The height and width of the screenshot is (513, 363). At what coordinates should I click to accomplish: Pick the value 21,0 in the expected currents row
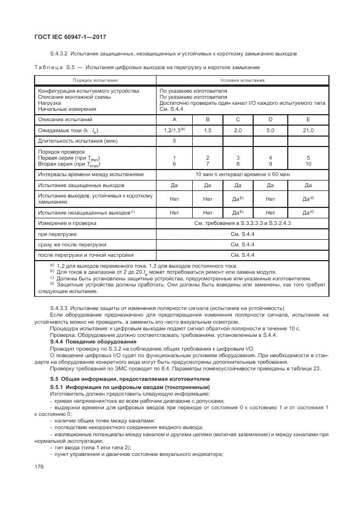click(x=308, y=130)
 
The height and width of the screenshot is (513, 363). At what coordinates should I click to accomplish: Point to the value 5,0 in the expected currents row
click(x=270, y=130)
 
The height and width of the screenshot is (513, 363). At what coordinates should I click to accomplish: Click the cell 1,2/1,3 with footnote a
click(x=175, y=130)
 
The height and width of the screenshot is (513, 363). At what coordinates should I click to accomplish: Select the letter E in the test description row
click(x=308, y=119)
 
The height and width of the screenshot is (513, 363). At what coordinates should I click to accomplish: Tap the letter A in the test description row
click(x=174, y=119)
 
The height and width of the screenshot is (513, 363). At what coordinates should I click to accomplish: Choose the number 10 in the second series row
click(x=308, y=164)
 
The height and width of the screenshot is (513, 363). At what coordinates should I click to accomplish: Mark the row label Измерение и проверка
click(x=67, y=223)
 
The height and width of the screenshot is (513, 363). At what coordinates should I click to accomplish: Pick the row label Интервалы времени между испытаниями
click(x=91, y=174)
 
